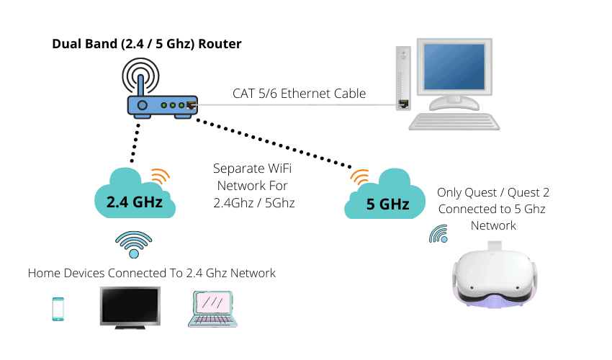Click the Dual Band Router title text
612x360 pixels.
tap(147, 44)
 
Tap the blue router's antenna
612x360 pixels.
tap(141, 85)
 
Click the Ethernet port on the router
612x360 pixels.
tap(192, 105)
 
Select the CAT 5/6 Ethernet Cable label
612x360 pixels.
tap(299, 94)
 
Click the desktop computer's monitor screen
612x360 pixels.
tap(454, 67)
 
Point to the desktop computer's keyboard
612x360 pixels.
tap(454, 122)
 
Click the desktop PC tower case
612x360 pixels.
tap(403, 78)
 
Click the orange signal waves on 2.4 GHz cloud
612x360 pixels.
tap(161, 176)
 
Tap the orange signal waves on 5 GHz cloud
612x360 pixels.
tap(359, 177)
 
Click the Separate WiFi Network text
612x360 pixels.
tap(253, 186)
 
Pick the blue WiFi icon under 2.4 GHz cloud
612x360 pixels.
tap(133, 244)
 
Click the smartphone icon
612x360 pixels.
tap(58, 309)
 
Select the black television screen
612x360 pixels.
tap(130, 307)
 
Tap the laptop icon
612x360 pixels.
tap(212, 309)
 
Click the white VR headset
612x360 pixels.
tap(495, 275)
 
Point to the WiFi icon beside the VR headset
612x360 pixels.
tap(438, 234)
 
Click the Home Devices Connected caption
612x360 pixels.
tap(151, 273)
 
